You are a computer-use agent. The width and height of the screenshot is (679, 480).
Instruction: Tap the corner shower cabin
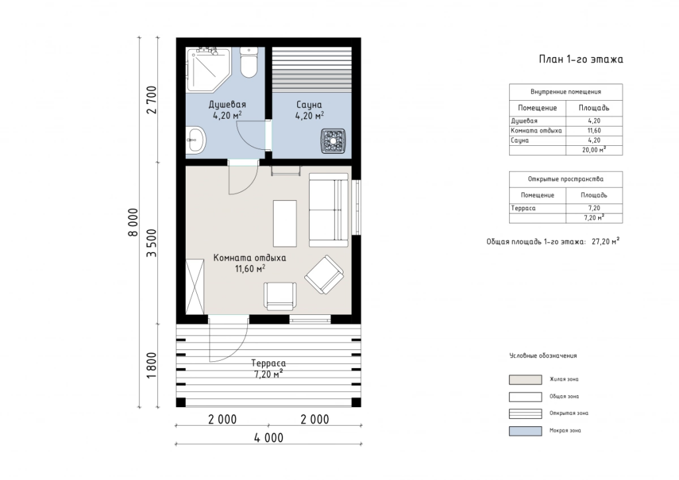pos(208,69)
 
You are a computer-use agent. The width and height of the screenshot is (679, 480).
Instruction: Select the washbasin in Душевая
pos(196,140)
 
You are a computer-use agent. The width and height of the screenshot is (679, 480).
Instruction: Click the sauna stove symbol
pos(333,141)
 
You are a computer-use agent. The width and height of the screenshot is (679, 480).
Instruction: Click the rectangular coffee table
pos(284,223)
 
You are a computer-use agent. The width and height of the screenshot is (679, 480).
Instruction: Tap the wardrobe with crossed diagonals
pos(195,286)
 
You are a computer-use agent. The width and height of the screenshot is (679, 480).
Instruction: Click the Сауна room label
pos(309,105)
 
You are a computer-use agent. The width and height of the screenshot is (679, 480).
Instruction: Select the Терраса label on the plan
pos(269,363)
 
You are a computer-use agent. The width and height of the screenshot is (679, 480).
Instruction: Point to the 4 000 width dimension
pos(269,438)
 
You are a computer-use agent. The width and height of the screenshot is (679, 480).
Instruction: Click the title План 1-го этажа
pos(581,59)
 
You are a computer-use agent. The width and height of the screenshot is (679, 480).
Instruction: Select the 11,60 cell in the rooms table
pos(594,131)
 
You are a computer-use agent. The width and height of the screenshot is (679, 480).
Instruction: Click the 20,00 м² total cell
pos(594,150)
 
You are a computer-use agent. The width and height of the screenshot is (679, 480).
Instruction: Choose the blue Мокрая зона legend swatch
pos(525,431)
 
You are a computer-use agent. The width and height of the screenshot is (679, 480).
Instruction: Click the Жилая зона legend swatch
pos(525,380)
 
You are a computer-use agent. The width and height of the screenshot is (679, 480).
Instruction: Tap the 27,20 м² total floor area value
pos(605,241)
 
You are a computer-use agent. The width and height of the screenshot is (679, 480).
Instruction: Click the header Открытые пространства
pos(566,179)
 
